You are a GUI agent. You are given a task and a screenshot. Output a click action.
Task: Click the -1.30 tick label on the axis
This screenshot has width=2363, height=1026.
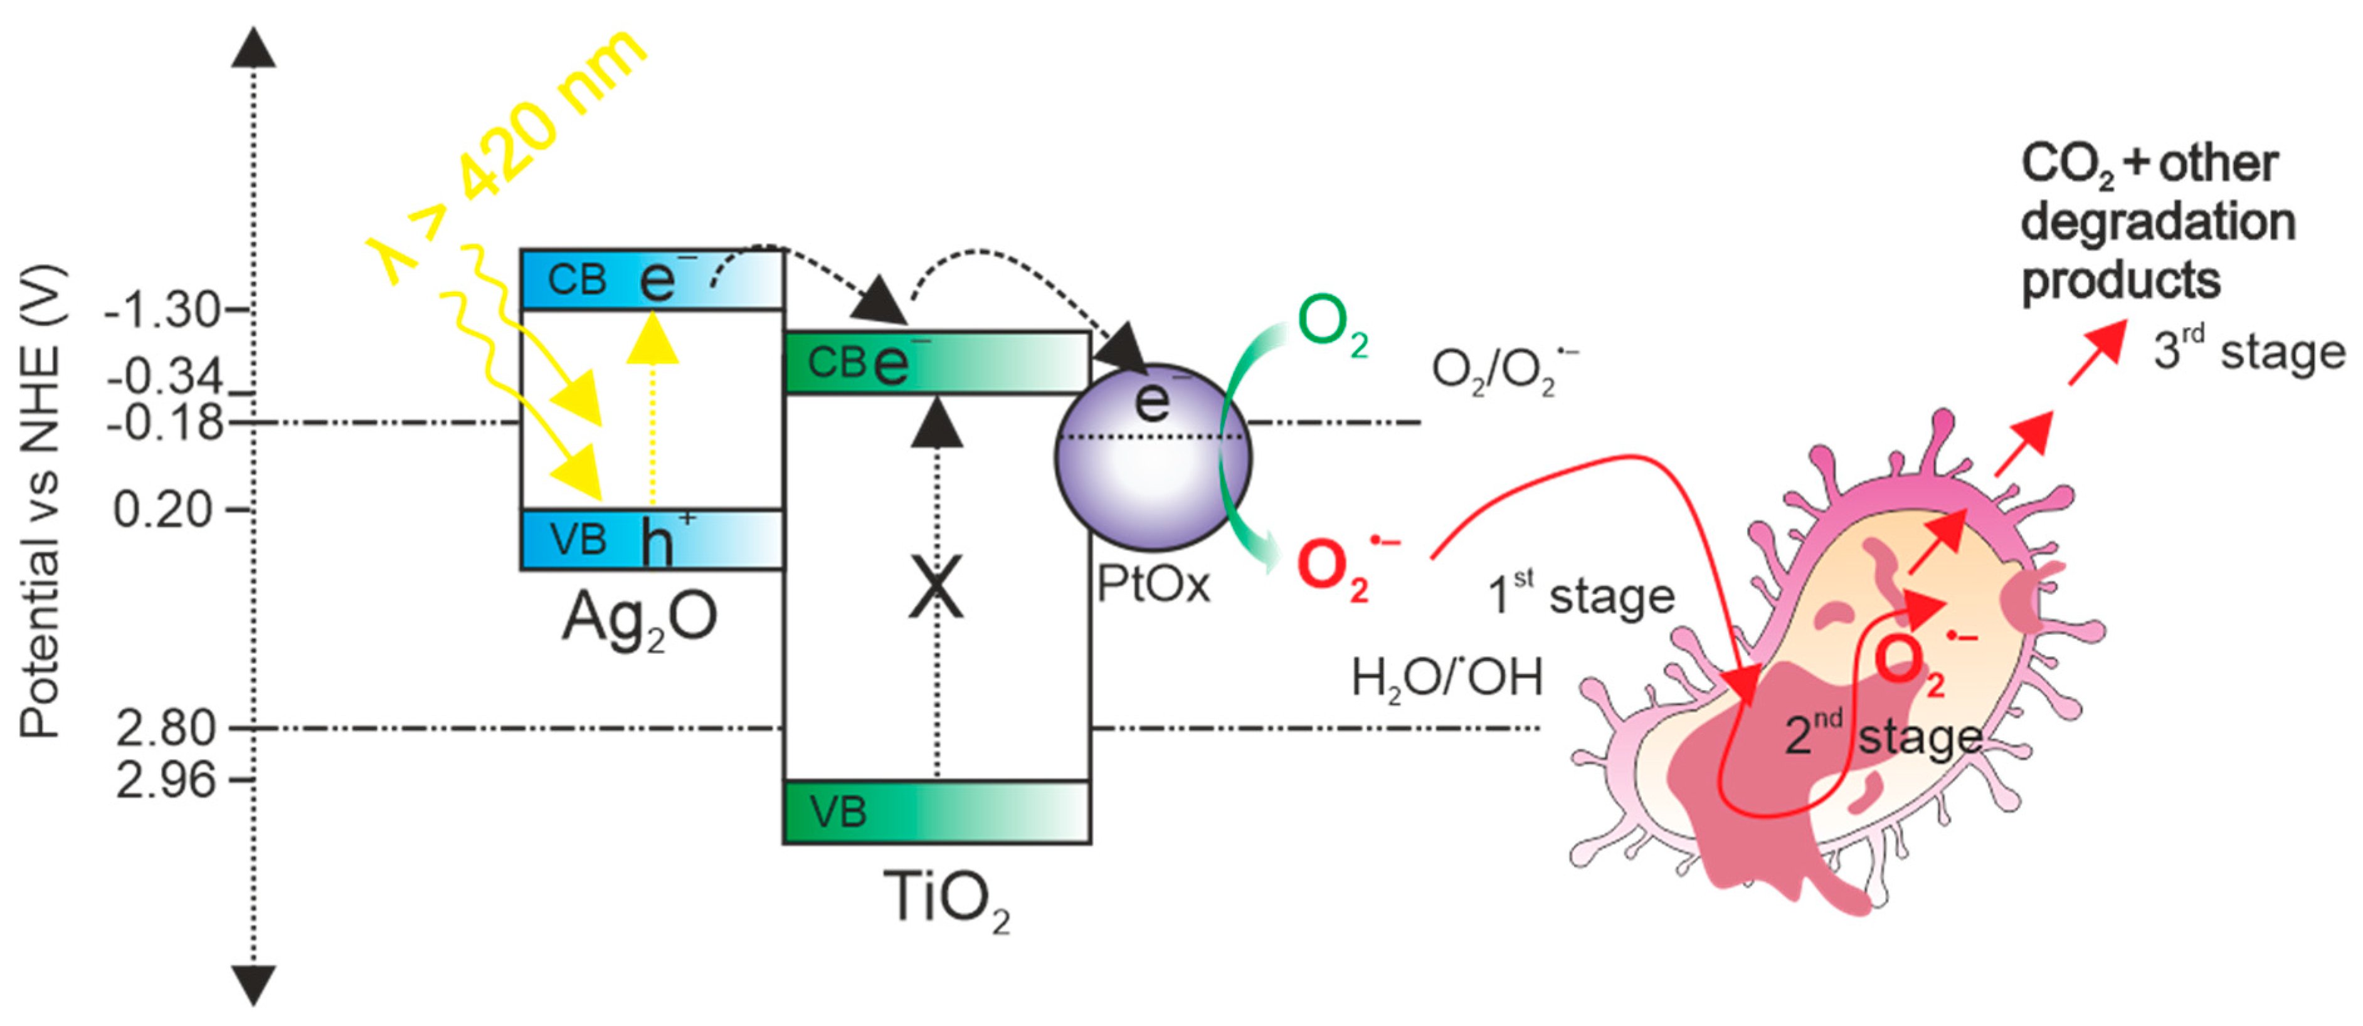click(162, 311)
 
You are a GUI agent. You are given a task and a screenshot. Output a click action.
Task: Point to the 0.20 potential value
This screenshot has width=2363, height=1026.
click(162, 510)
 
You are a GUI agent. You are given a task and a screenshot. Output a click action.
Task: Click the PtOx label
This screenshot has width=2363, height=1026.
click(1153, 585)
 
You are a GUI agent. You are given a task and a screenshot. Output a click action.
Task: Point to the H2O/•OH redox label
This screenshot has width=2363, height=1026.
click(1447, 679)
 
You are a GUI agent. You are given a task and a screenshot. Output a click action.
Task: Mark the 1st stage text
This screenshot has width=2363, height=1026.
click(1580, 597)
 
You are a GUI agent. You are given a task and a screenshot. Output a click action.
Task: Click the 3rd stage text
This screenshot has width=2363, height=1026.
click(2248, 351)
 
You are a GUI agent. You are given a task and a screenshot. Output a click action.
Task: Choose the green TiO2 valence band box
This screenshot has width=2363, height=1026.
click(936, 812)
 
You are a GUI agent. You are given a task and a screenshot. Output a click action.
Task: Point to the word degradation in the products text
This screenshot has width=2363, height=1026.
click(2157, 222)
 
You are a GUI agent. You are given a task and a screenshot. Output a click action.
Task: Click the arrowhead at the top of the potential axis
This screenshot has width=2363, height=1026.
click(253, 48)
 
